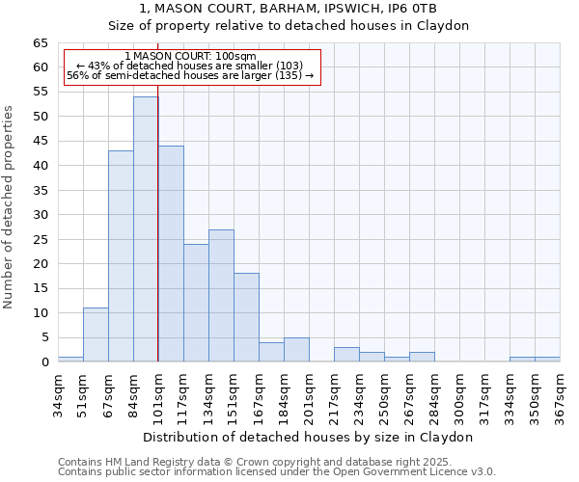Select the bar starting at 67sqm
click(x=121, y=256)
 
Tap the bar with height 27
click(x=221, y=295)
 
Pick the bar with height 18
click(x=246, y=317)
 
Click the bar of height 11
click(x=96, y=335)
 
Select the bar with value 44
click(x=171, y=254)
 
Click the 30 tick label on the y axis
click(x=41, y=215)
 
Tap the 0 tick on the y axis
click(x=44, y=362)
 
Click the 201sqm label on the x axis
click(x=310, y=390)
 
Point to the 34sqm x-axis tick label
click(x=59, y=390)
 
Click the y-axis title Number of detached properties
click(x=10, y=207)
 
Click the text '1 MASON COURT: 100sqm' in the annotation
click(x=191, y=56)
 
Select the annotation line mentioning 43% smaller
click(x=190, y=66)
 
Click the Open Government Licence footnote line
click(x=277, y=471)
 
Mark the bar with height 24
click(x=196, y=303)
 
